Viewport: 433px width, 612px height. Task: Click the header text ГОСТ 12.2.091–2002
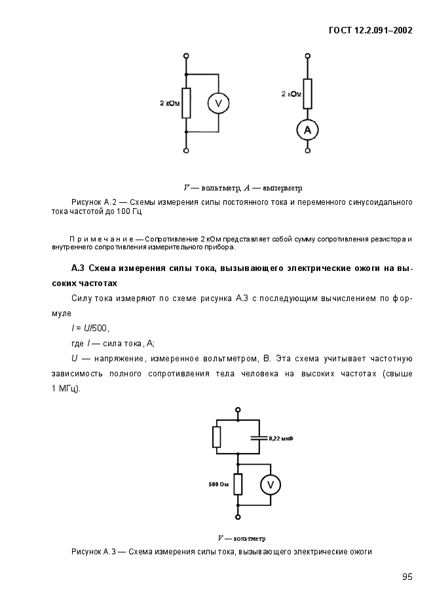[370, 30]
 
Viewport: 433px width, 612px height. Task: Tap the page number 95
[407, 577]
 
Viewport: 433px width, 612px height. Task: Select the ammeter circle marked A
[307, 131]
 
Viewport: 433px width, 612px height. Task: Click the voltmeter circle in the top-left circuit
[219, 103]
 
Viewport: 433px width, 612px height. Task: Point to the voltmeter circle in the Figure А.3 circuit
[271, 484]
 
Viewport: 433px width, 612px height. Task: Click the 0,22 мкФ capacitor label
[281, 438]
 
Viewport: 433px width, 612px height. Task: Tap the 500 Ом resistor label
[219, 484]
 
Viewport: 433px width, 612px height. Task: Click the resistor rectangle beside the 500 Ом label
[238, 484]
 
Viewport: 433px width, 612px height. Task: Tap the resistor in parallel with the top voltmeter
[186, 103]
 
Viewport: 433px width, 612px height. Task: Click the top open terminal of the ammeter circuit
[307, 57]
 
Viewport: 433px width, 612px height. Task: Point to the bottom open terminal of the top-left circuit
[186, 151]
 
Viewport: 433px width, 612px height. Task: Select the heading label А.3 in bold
[78, 269]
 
